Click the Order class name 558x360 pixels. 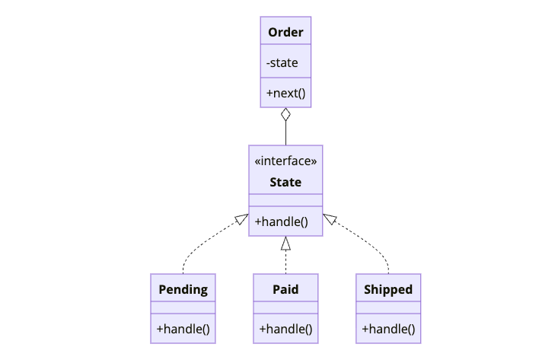point(285,32)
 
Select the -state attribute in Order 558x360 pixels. point(282,62)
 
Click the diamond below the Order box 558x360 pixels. point(285,115)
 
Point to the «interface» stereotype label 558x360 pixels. point(285,161)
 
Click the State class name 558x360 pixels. point(285,182)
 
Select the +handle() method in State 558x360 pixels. point(281,221)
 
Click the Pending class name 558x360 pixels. point(183,289)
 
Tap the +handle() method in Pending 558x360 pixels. point(183,330)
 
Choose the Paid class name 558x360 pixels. point(285,289)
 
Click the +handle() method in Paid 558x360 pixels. point(285,330)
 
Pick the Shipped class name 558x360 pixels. point(388,289)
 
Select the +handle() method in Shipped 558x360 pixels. point(388,330)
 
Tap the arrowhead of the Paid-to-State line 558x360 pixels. point(285,243)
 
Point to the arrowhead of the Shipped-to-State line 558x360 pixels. point(329,219)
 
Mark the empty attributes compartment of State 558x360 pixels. point(285,200)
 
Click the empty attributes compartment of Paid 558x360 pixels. point(285,308)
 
